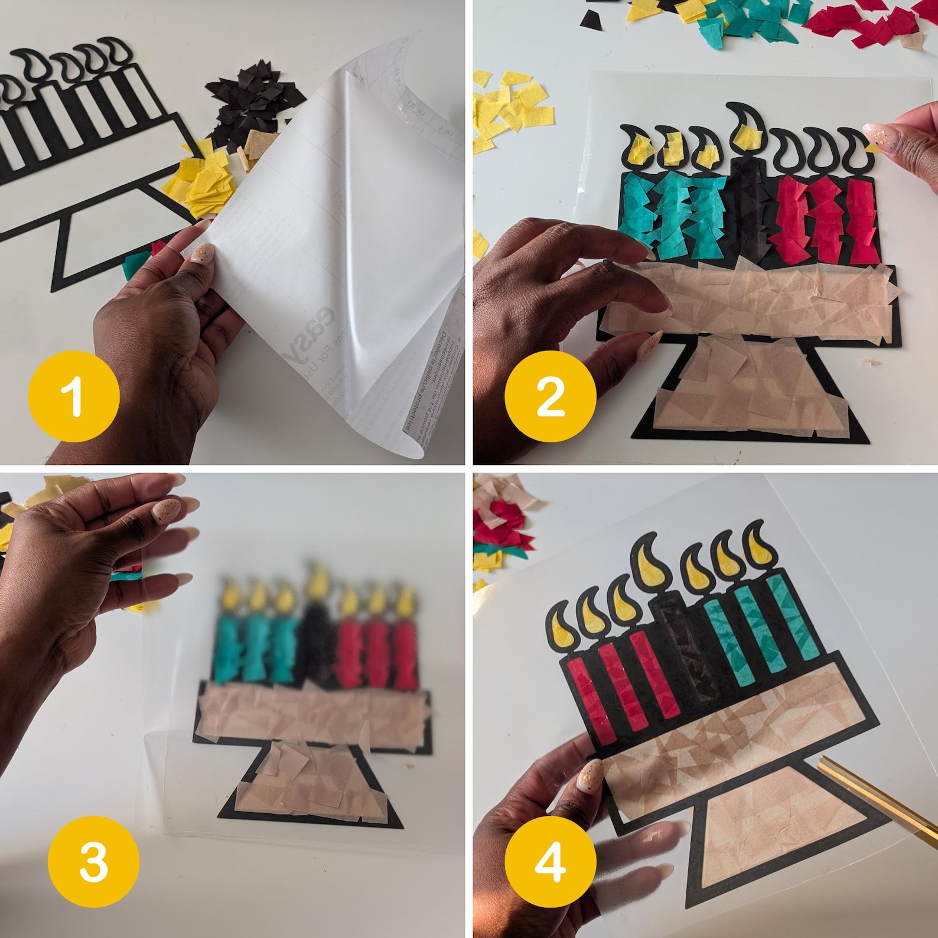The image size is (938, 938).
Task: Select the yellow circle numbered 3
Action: [94, 861]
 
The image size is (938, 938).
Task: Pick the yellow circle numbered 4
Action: [550, 861]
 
